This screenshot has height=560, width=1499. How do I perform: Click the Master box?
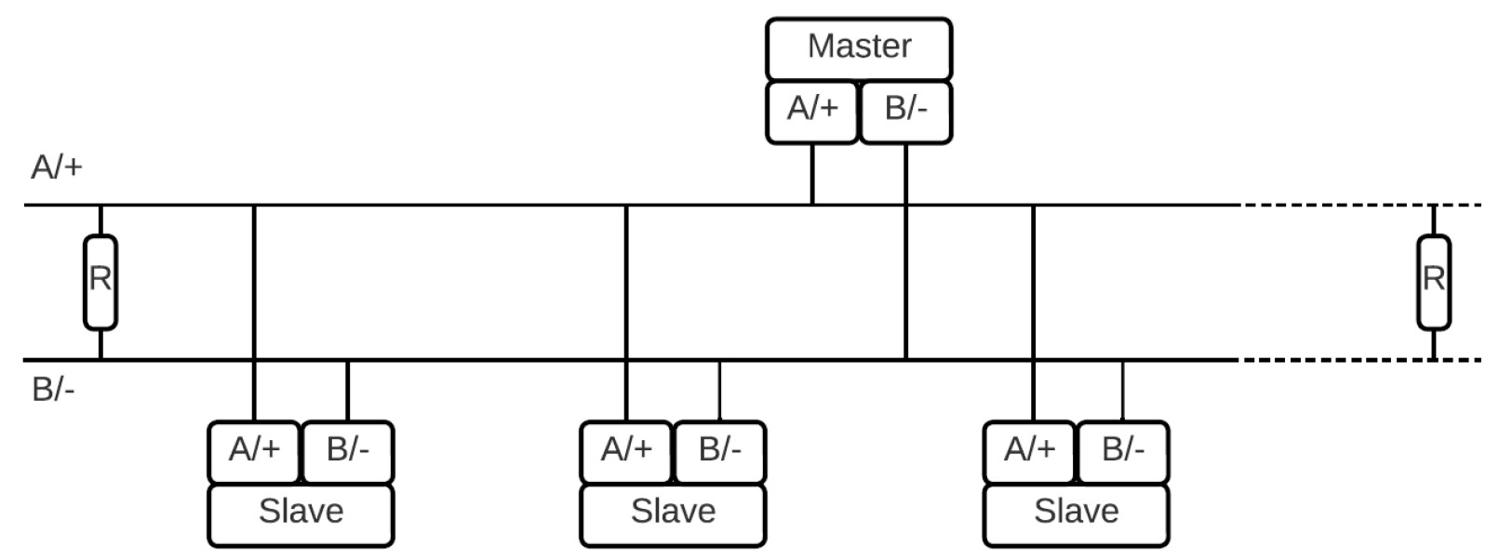(x=859, y=47)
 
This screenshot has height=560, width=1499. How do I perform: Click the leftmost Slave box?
(x=301, y=513)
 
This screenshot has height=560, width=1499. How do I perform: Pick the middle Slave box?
(x=673, y=513)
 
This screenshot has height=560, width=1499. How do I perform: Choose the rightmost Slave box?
(x=1076, y=513)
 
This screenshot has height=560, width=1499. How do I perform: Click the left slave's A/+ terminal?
(x=254, y=451)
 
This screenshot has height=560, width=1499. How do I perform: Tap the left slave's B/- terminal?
(x=347, y=451)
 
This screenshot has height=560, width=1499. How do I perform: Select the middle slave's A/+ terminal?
(x=626, y=451)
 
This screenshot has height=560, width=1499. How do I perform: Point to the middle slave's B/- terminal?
(x=719, y=451)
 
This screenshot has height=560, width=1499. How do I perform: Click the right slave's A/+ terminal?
(x=1030, y=451)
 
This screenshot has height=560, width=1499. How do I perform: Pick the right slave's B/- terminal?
(x=1122, y=451)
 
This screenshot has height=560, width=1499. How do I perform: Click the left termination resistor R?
(x=100, y=280)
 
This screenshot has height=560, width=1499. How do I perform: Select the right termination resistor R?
(x=1433, y=280)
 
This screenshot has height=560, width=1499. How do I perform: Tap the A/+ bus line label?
(x=57, y=167)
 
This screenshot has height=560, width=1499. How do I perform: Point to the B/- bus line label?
(x=53, y=389)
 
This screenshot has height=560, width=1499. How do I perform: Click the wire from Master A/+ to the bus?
(x=812, y=174)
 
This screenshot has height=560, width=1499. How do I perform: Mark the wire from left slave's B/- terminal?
(x=347, y=391)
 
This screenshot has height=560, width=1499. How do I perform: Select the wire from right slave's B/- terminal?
(x=1122, y=391)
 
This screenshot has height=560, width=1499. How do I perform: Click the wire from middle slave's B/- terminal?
(x=719, y=391)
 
